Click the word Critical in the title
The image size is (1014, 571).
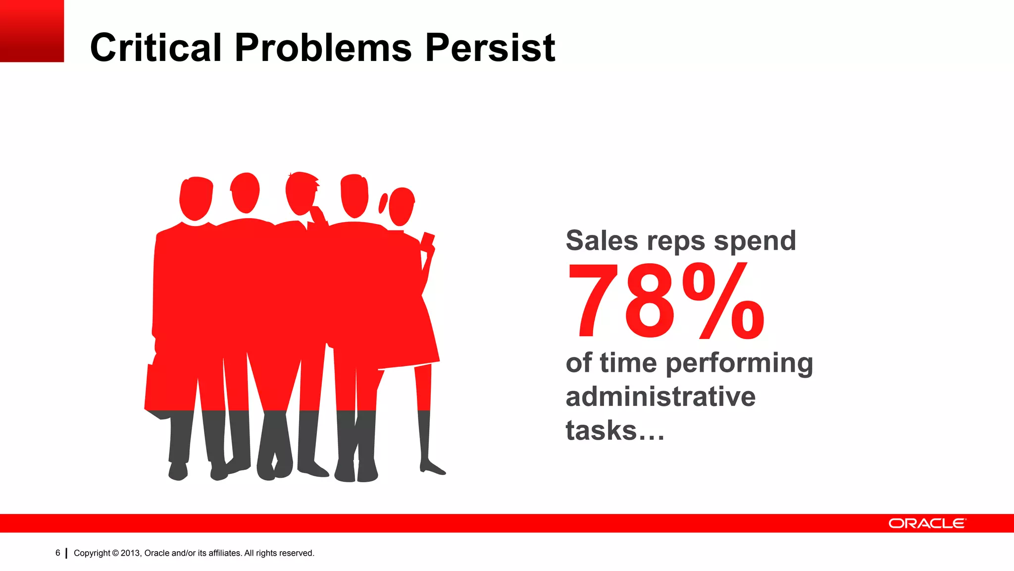tap(155, 48)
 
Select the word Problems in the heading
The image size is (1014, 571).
tap(323, 48)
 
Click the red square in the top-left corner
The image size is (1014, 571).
tap(32, 31)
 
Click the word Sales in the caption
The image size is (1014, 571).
tap(602, 241)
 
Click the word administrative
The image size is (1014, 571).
tap(660, 397)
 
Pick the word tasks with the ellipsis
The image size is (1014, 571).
tap(614, 430)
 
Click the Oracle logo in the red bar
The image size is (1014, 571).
tap(926, 523)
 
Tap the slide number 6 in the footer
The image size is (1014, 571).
tap(58, 553)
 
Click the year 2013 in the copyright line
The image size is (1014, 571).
tap(130, 553)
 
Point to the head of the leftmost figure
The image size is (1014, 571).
tap(196, 198)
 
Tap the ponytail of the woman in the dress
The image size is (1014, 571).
tap(383, 203)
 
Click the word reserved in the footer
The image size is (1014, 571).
tap(296, 553)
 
